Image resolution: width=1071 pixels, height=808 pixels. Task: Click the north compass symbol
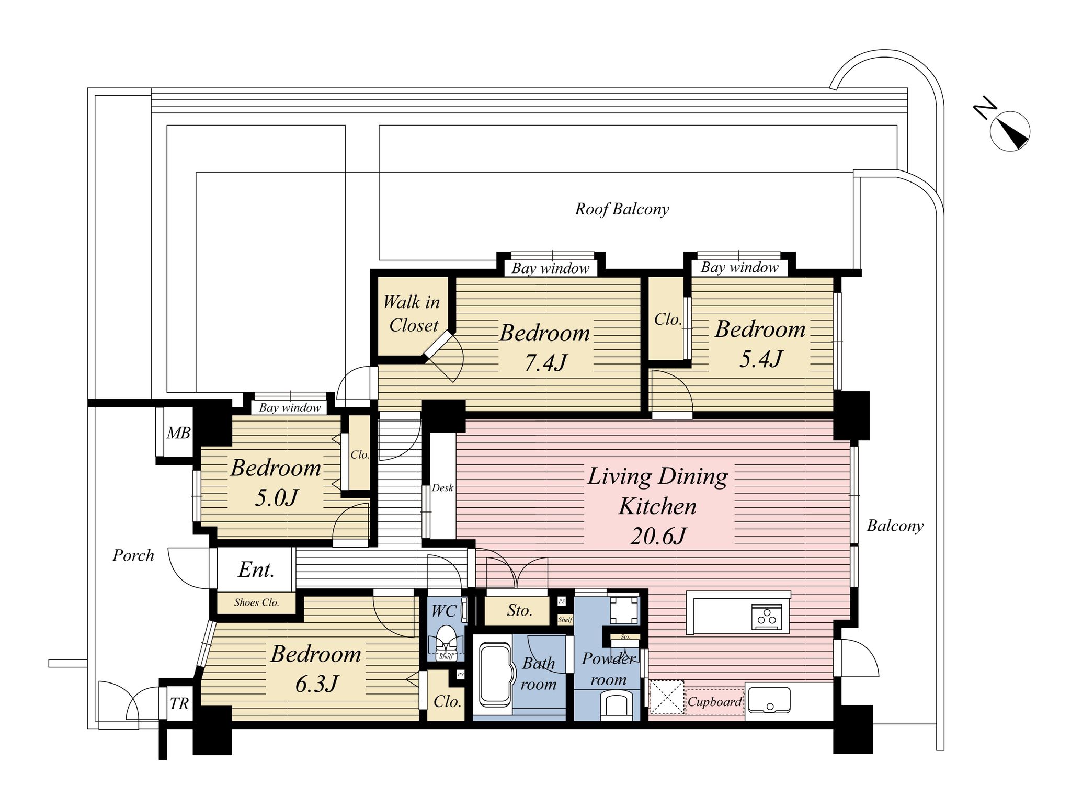[1009, 131]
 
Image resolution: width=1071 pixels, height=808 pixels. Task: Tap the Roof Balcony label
[622, 209]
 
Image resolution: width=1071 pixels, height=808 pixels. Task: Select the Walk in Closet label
[413, 314]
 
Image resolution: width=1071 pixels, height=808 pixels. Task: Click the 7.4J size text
[545, 362]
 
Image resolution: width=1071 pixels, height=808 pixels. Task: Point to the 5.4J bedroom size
[761, 359]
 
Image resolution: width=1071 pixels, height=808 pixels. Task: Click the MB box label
[178, 433]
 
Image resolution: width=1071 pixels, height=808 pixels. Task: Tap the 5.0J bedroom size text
[276, 498]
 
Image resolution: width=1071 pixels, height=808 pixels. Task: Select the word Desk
[442, 488]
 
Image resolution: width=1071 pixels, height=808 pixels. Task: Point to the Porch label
[133, 555]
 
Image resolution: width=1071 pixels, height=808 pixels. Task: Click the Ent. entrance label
[256, 570]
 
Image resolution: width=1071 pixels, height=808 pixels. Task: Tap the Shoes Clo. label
[256, 602]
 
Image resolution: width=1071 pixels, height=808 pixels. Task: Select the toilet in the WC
[446, 641]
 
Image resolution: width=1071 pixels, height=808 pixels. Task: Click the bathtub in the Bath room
[494, 675]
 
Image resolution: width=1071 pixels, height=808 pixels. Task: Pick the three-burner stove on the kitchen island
[767, 617]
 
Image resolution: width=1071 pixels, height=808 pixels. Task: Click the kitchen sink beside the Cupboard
[769, 700]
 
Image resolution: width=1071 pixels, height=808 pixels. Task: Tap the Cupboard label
[714, 702]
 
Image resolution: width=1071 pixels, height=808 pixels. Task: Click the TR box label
[179, 704]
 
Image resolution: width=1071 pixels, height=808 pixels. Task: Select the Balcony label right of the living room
[895, 526]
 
